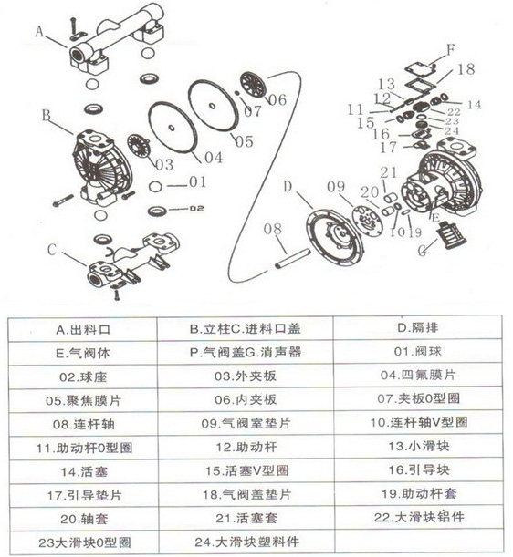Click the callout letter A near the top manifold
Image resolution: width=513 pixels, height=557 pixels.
click(40, 30)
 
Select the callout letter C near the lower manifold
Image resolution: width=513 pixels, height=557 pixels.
click(53, 248)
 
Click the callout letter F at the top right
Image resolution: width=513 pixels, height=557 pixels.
click(449, 47)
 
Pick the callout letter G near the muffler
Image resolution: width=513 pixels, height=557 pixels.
click(422, 247)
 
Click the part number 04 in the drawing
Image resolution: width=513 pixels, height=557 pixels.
click(212, 157)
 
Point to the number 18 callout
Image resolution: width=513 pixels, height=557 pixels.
click(465, 69)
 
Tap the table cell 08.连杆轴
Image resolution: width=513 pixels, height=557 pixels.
click(89, 423)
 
